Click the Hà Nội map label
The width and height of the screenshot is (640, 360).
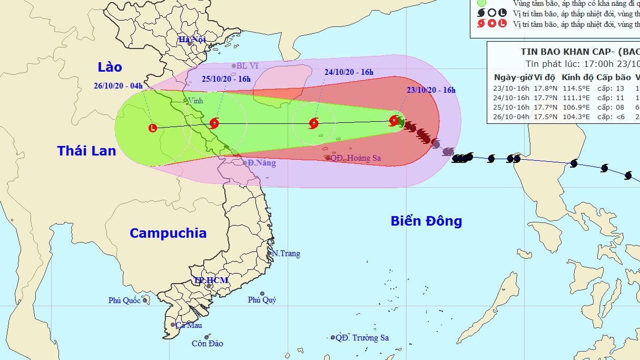192,40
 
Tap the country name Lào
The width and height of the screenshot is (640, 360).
110,67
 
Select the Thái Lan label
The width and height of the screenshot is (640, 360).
86,151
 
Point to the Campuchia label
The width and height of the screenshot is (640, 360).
168,233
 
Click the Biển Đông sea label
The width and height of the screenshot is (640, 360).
426,221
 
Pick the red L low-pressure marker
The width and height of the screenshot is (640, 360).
153,128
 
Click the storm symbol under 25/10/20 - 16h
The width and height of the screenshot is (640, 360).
214,123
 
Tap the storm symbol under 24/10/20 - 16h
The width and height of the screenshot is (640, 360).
314,124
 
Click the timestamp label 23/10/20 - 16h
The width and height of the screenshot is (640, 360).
431,90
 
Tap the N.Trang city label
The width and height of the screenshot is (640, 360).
286,254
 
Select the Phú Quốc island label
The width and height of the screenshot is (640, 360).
125,300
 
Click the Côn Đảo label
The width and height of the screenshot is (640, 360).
207,344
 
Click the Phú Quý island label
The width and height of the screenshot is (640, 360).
262,300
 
